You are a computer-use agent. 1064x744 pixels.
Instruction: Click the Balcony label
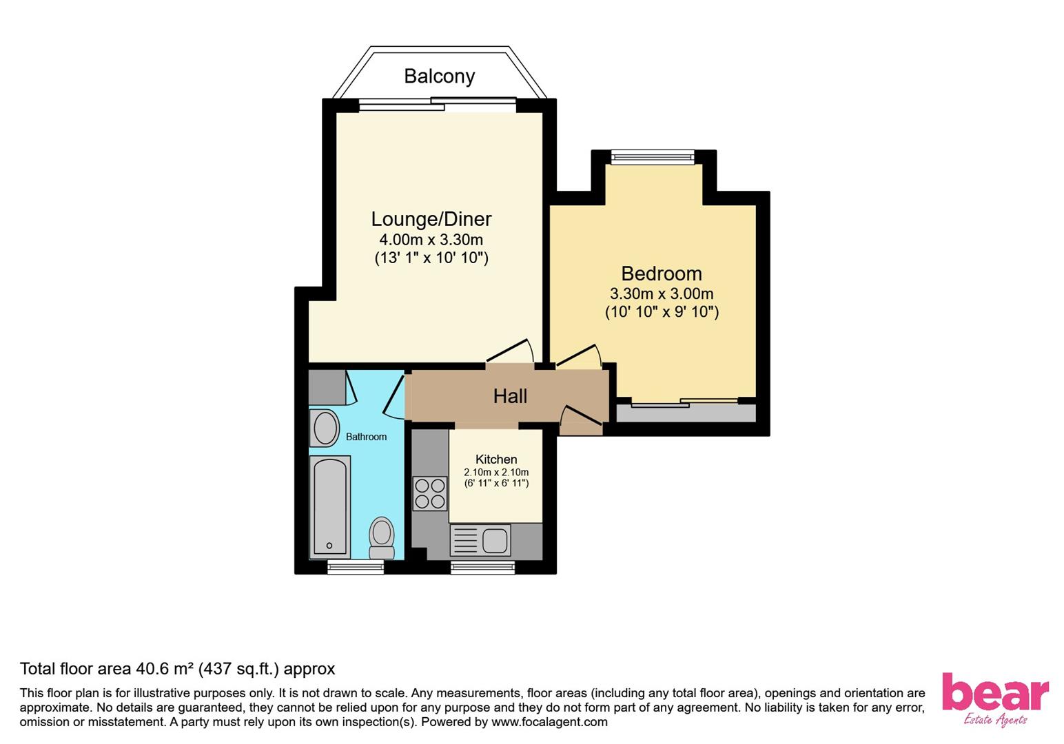pyautogui.click(x=439, y=76)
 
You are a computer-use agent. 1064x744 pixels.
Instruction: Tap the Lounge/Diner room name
pyautogui.click(x=431, y=219)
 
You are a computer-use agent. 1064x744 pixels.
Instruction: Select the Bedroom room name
pyautogui.click(x=661, y=273)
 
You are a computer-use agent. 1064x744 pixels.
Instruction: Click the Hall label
pyautogui.click(x=510, y=396)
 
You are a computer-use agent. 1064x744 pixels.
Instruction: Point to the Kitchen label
pyautogui.click(x=496, y=459)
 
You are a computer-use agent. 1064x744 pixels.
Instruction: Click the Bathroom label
pyautogui.click(x=366, y=437)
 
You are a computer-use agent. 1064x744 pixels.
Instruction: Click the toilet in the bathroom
pyautogui.click(x=381, y=538)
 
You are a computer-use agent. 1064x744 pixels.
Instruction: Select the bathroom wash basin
pyautogui.click(x=325, y=428)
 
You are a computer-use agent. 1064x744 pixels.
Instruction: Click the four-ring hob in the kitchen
pyautogui.click(x=430, y=494)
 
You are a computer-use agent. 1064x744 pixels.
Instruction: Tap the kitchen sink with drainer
pyautogui.click(x=480, y=540)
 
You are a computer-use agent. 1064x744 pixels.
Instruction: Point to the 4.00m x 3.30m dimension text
pyautogui.click(x=431, y=240)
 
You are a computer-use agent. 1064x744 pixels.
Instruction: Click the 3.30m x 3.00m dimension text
pyautogui.click(x=662, y=294)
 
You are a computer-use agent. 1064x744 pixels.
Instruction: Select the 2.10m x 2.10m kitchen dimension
pyautogui.click(x=496, y=473)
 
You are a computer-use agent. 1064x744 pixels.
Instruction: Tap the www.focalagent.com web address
pyautogui.click(x=549, y=722)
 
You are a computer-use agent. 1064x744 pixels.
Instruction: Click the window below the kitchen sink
pyautogui.click(x=482, y=568)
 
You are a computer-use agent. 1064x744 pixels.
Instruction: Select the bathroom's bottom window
pyautogui.click(x=356, y=568)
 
